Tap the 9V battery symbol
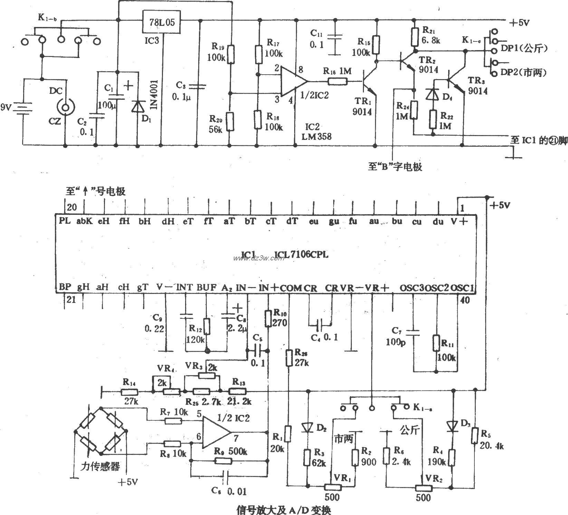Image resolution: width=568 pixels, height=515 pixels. pyautogui.click(x=23, y=108)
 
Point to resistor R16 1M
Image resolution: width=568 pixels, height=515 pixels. pyautogui.click(x=337, y=82)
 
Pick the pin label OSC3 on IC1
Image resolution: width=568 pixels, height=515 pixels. pyautogui.click(x=412, y=287)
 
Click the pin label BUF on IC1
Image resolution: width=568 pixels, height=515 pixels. pyautogui.click(x=206, y=287)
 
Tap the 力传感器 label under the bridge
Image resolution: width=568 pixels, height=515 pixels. pyautogui.click(x=100, y=467)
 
